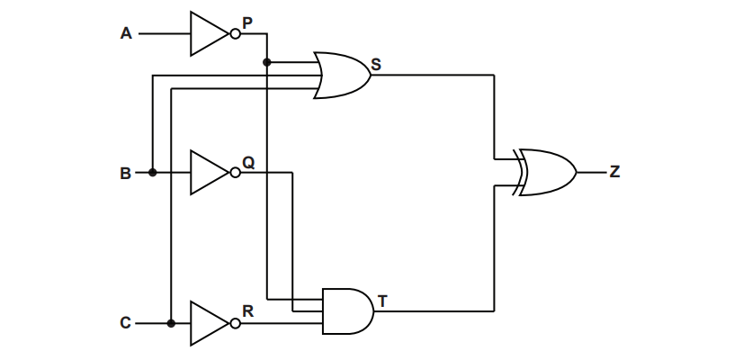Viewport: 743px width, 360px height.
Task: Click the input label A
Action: [x=126, y=34]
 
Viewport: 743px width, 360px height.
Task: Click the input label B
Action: [x=126, y=173]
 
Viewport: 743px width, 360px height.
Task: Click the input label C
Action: [x=126, y=322]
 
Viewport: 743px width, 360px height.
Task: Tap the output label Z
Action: [x=614, y=172]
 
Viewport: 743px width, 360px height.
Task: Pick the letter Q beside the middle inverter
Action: [x=248, y=163]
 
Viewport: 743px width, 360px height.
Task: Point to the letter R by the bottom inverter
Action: [x=247, y=311]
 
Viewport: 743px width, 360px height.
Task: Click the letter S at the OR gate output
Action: [x=376, y=64]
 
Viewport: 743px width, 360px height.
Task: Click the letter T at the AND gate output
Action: [x=382, y=301]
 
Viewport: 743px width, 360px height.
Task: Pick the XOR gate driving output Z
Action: [x=546, y=172]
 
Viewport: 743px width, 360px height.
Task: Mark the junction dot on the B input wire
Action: [x=153, y=173]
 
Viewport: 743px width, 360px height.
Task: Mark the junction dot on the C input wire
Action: [x=170, y=322]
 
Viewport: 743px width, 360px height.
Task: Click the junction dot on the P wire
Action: [x=267, y=62]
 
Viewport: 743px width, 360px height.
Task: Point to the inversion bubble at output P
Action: [x=235, y=34]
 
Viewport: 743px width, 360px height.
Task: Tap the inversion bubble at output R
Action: [x=235, y=322]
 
